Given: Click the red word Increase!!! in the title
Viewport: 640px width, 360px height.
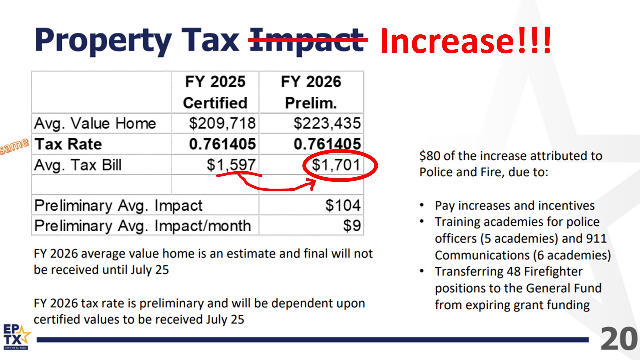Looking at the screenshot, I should tap(465, 41).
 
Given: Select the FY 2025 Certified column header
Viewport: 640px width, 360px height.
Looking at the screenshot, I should tap(215, 92).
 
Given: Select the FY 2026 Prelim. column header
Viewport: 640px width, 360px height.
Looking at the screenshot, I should tap(311, 92).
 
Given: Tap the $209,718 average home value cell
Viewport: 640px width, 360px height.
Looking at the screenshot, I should tap(222, 123).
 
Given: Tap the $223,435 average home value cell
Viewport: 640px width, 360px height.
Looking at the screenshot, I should tap(327, 123).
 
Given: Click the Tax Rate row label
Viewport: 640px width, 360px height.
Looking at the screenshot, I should tap(68, 144).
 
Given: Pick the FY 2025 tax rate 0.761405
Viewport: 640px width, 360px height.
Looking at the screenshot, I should tap(222, 144).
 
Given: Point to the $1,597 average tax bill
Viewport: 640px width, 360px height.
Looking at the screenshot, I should tap(231, 165).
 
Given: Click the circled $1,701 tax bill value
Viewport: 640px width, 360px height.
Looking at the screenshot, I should tap(336, 165).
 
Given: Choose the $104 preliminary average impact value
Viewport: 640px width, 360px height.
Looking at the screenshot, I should tap(343, 205).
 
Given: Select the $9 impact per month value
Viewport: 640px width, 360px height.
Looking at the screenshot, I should tap(352, 226).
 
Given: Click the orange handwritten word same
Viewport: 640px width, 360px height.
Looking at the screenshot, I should tap(14, 146).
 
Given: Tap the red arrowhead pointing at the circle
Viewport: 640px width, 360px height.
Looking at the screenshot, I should tap(312, 183).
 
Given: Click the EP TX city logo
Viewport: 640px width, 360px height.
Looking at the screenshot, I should tap(16, 337).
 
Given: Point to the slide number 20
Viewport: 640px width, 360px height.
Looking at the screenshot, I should tap(619, 339).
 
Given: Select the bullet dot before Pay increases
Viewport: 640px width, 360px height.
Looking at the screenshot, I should tap(422, 205).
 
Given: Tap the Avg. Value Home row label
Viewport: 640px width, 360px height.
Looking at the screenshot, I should tap(95, 123).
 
